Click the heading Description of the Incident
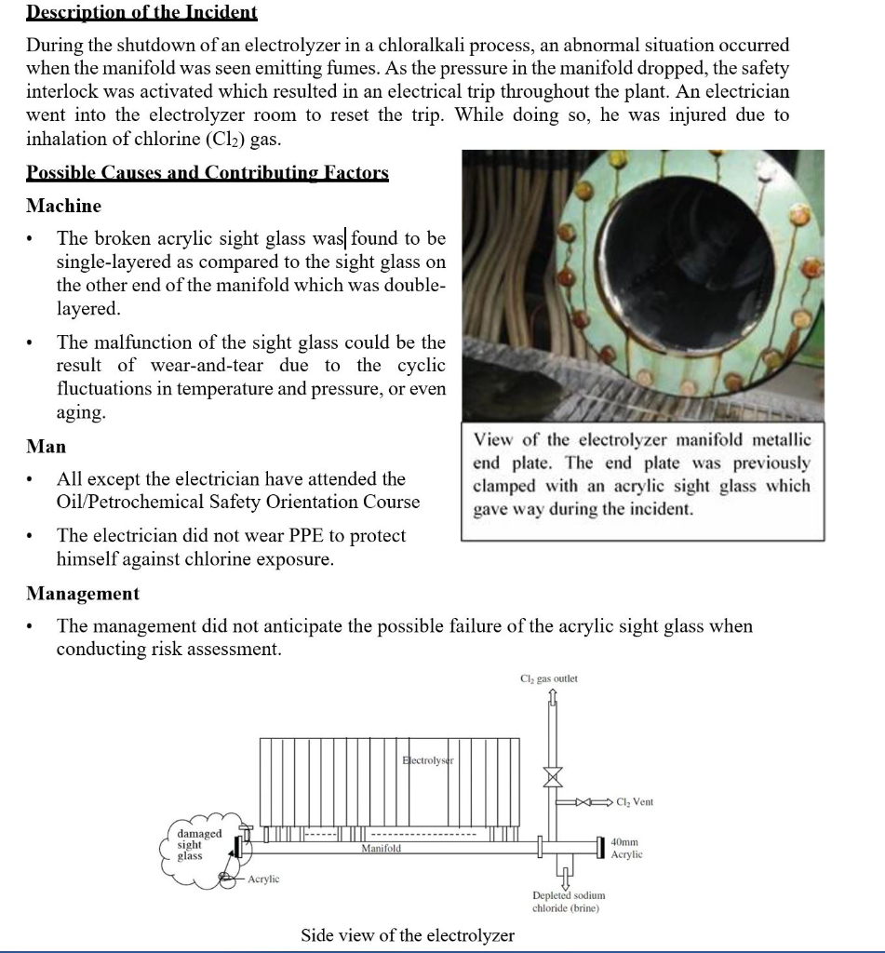tap(141, 12)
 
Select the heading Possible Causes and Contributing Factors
tap(207, 172)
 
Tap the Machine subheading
tap(63, 205)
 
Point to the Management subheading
tap(83, 593)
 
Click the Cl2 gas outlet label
tap(549, 678)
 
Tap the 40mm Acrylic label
tap(626, 847)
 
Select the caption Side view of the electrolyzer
tap(408, 934)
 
